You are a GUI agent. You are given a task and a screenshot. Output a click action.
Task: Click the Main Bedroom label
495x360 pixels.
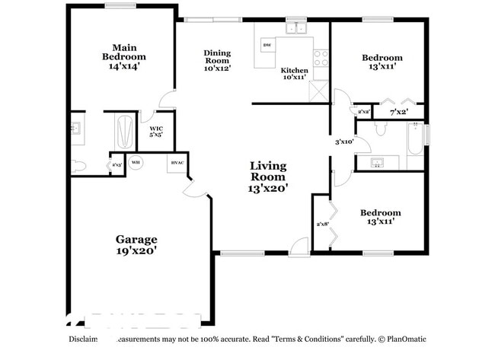[x=124, y=56]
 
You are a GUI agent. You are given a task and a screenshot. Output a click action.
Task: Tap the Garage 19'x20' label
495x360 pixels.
[x=137, y=244]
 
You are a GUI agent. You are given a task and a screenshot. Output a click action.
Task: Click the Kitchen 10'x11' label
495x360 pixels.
[x=295, y=74]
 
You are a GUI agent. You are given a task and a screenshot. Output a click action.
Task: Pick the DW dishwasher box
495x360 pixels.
[x=267, y=46]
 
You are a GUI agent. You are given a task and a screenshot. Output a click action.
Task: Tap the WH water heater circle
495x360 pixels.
[x=136, y=162]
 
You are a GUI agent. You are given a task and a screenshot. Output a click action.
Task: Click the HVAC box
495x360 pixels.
[x=177, y=163]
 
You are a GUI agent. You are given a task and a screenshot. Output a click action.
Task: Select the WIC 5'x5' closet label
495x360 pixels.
[x=156, y=131]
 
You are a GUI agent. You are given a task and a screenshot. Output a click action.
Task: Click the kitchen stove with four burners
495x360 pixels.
[x=321, y=58]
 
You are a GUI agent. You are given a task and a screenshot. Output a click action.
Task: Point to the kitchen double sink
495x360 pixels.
[x=295, y=29]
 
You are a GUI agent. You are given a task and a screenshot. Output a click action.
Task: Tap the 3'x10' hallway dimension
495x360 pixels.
[x=345, y=142]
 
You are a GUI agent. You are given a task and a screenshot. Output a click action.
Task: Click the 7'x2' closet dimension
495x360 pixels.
[x=398, y=112]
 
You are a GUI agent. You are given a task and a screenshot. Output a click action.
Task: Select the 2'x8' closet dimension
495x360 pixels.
[x=322, y=224]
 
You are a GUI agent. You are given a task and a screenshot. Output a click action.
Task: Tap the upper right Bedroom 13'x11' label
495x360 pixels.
[x=382, y=62]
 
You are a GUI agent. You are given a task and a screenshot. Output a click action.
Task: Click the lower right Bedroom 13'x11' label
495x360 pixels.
[x=380, y=218]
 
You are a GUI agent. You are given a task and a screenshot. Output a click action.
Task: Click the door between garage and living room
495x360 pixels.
[x=195, y=190]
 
